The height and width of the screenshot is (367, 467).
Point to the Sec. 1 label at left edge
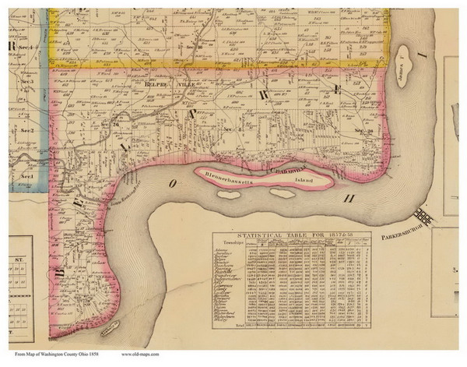point(25,178)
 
